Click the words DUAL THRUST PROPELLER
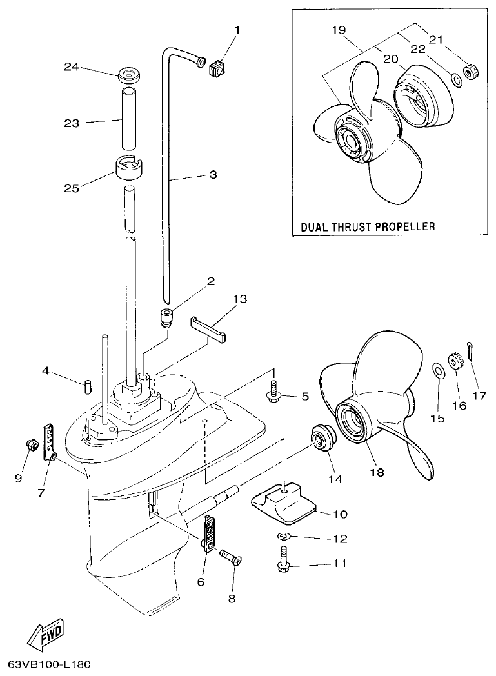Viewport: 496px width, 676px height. pos(368,226)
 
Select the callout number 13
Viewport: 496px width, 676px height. pos(239,299)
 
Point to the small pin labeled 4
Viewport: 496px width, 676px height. pos(88,386)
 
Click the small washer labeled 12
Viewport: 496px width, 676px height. pos(284,537)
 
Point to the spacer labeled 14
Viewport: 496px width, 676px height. pos(321,439)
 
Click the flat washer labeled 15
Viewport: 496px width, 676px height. pos(437,370)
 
